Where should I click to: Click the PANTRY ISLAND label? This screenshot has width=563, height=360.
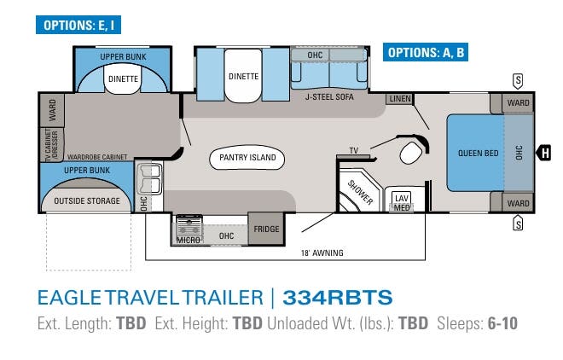tap(247, 158)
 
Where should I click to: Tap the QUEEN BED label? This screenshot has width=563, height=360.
tap(478, 153)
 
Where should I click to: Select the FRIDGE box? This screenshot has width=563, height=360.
tap(265, 229)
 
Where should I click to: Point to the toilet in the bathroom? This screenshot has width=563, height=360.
tap(411, 154)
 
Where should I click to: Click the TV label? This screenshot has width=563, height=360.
tap(352, 151)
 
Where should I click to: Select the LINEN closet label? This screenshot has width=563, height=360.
tap(398, 100)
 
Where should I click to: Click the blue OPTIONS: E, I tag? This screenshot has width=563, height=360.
tap(75, 26)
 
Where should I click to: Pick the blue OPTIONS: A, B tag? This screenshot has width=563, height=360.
tap(426, 52)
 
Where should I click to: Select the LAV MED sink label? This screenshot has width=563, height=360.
tap(401, 202)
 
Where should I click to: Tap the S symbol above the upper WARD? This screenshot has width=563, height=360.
tap(517, 80)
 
